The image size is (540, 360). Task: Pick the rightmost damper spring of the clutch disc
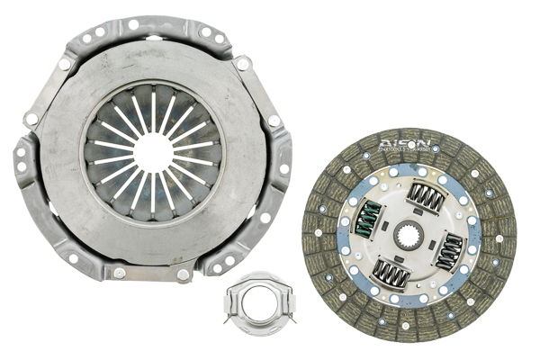point(449,251)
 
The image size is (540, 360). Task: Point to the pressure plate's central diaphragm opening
point(153,152)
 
